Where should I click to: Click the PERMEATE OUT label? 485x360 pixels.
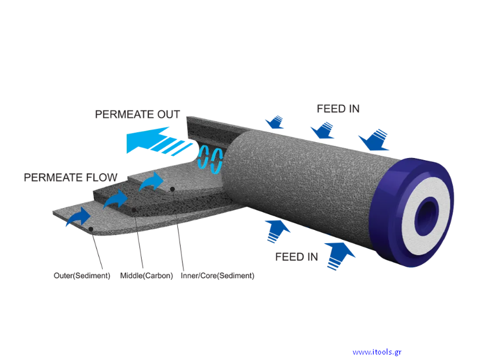pos(137,114)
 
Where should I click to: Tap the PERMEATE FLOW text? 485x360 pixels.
pos(70,177)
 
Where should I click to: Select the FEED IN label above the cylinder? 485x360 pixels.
pos(338,109)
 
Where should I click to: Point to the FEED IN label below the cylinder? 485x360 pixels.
pos(296,256)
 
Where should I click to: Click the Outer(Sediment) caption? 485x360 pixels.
pos(82,275)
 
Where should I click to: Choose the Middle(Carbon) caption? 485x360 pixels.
pos(146,275)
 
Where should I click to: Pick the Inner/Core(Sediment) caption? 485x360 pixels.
pos(218,275)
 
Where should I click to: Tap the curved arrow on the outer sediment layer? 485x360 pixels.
pos(78,216)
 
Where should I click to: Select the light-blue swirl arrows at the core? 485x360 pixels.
pos(211,159)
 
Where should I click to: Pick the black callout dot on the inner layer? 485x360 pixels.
pos(172,189)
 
